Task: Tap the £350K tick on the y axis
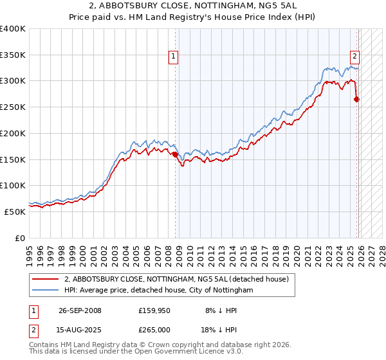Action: tap(13, 55)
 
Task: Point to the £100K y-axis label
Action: tap(13, 185)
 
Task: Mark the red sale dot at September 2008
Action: tap(175, 154)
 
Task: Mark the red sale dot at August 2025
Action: tap(356, 99)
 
